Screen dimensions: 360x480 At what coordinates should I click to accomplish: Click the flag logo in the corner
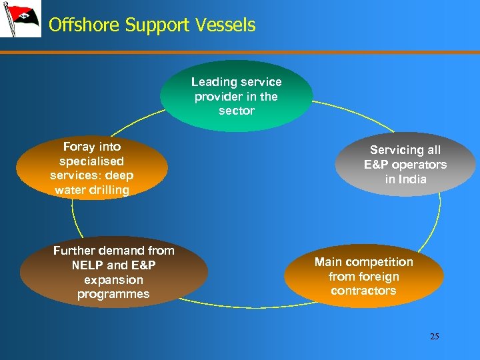[x=20, y=20]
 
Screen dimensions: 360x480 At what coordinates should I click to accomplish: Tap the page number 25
[x=434, y=336]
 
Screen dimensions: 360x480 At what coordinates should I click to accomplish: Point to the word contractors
[x=363, y=291]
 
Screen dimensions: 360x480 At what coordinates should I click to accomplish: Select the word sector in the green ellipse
[x=237, y=111]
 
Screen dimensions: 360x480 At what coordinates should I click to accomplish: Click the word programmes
[x=113, y=294]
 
